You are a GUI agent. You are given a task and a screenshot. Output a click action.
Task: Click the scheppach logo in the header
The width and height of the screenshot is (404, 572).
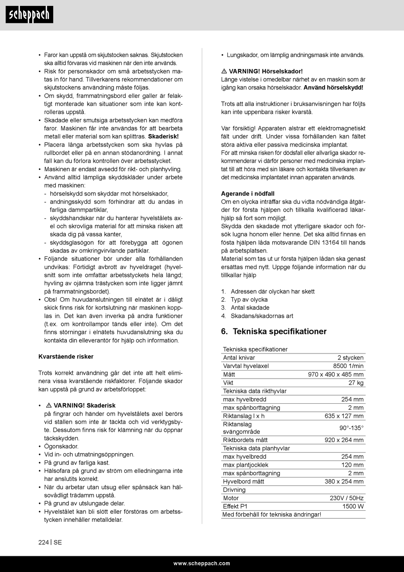(29, 15)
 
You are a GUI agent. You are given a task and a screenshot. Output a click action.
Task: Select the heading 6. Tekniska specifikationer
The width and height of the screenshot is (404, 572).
(274, 331)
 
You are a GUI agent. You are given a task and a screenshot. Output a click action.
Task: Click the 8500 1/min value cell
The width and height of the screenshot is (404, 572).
(348, 366)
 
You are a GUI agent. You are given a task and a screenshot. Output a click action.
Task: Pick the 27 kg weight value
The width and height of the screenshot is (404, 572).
(356, 382)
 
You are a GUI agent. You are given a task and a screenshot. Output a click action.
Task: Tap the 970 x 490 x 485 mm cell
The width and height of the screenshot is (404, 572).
(336, 374)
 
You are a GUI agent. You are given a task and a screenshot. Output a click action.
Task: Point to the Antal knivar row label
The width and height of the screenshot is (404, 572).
(239, 358)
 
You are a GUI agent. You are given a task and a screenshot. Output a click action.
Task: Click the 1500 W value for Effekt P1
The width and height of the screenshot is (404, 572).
(353, 506)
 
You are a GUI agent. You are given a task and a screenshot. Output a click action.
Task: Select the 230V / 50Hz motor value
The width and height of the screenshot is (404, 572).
(347, 498)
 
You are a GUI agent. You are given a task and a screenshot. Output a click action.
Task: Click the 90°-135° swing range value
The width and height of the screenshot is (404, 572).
(351, 428)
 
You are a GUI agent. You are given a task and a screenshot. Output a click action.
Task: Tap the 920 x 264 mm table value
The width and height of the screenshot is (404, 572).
(344, 440)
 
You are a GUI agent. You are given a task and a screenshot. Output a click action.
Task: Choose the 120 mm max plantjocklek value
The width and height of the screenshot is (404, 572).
(352, 465)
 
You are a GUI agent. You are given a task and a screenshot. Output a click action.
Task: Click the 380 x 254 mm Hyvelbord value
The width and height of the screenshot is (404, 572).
(344, 481)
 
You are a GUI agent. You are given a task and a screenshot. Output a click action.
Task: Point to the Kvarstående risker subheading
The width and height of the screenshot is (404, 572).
(66, 356)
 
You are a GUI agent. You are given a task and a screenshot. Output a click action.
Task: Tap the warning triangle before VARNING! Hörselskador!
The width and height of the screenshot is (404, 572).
(224, 71)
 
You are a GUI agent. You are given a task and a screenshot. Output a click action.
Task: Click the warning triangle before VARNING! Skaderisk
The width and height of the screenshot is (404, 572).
(49, 405)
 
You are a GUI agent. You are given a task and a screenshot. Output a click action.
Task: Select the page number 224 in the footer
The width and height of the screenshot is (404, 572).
(43, 542)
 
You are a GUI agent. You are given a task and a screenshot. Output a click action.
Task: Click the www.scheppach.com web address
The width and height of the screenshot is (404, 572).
(202, 563)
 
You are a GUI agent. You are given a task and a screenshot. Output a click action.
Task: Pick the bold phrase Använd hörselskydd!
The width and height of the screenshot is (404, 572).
(333, 87)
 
